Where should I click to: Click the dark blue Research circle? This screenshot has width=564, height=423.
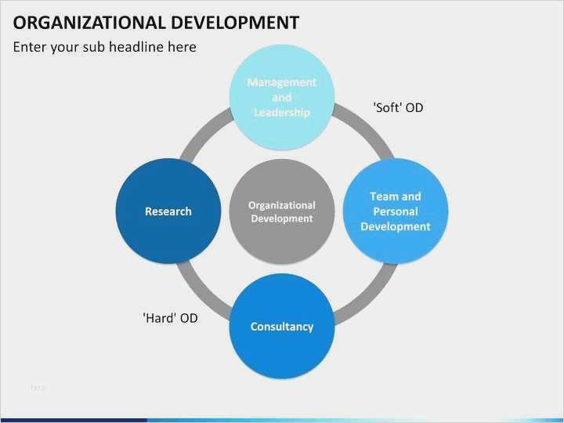168,211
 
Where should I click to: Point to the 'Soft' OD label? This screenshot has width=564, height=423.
398,107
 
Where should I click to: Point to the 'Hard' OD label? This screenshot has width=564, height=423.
170,318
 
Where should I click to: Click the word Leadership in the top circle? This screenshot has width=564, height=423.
282,113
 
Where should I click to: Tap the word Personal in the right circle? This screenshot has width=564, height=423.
396,211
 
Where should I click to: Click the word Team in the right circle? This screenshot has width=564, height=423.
384,197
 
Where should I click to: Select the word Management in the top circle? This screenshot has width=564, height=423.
282,82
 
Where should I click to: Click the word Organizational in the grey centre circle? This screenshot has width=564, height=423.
282,205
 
